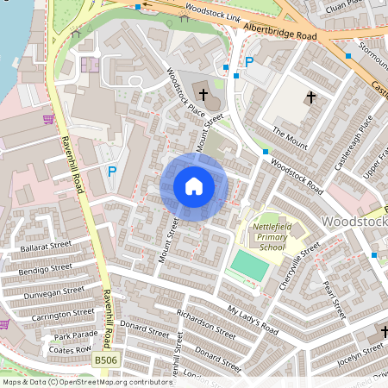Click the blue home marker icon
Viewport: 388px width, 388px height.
point(194,186)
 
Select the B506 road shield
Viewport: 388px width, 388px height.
point(105,360)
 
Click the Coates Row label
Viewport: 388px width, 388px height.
point(72,349)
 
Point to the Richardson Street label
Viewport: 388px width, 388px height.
point(205,323)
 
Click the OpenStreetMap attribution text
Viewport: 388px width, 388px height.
point(87,381)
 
